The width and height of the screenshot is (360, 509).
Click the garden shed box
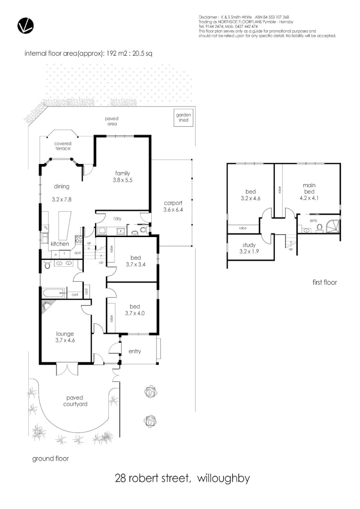coord(182,118)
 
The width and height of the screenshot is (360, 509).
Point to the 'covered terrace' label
coord(62,146)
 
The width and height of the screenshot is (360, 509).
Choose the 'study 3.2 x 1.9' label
coord(249,248)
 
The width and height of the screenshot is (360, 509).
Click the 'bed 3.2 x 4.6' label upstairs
coord(250,195)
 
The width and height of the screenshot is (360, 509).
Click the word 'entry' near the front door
coord(134,351)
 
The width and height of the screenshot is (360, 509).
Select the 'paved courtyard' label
coord(76,401)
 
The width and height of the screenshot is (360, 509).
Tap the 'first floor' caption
coord(325,283)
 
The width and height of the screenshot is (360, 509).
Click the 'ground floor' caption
coord(50,458)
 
